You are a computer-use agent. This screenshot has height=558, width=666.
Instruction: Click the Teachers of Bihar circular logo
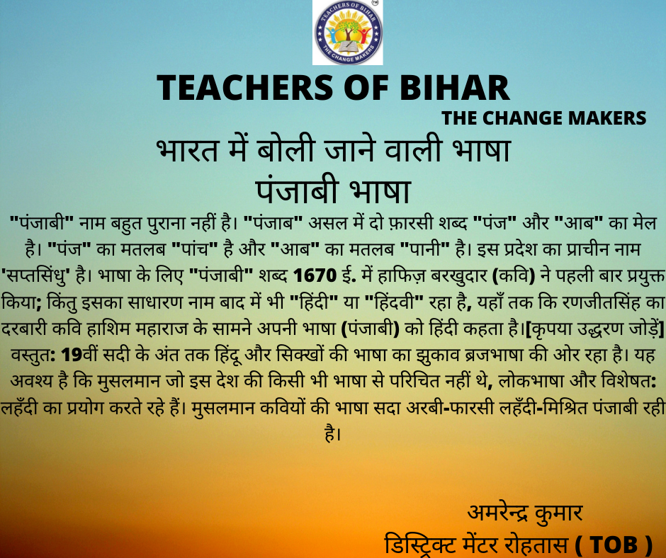click(x=348, y=33)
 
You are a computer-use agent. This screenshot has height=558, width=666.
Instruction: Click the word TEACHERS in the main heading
click(x=245, y=88)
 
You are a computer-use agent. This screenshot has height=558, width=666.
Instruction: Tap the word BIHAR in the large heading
click(x=454, y=88)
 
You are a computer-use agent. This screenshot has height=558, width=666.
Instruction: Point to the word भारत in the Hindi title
click(x=187, y=150)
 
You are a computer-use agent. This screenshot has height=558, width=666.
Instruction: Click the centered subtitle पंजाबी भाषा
click(x=333, y=190)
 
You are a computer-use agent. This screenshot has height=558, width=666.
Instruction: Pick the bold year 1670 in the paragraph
click(x=315, y=276)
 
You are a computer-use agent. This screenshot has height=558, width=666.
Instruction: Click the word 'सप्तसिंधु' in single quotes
click(x=35, y=277)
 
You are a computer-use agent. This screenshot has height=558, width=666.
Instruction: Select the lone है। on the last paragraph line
click(x=333, y=433)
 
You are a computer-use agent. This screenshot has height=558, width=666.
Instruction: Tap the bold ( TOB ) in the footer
click(x=614, y=544)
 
